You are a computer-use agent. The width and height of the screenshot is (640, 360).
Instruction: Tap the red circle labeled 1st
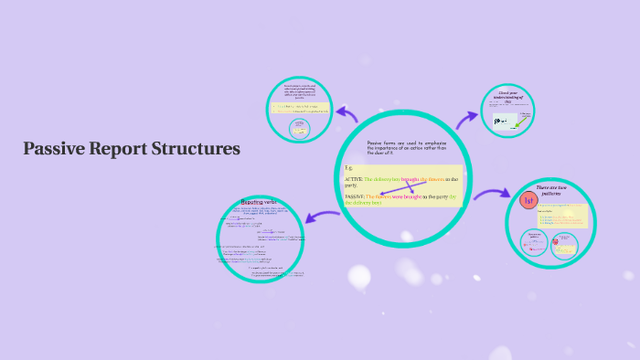coord(528,201)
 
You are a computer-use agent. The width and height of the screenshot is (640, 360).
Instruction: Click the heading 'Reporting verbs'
coord(259,201)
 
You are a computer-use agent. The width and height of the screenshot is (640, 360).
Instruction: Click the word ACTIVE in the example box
coord(353,179)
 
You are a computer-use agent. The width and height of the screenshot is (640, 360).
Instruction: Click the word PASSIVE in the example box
coord(355,196)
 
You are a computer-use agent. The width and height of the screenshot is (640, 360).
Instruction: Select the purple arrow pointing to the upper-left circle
coord(347,114)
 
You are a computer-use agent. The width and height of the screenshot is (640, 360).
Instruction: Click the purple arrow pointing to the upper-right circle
coord(468,117)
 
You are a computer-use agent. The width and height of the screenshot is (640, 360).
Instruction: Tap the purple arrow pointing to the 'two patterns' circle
coord(490,194)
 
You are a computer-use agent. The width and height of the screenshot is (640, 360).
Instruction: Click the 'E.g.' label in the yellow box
coord(348,168)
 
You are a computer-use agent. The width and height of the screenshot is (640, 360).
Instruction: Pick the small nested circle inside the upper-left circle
coord(297,129)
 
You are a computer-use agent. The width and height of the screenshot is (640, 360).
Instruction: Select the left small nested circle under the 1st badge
coord(534,240)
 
